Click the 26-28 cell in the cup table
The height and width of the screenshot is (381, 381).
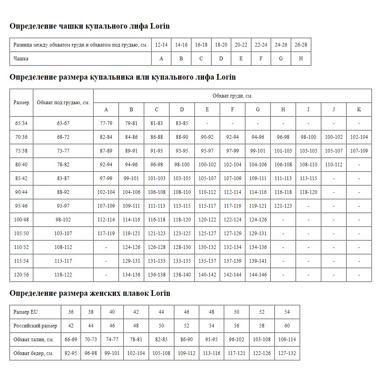[x=301, y=45]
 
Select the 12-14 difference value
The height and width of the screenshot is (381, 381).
[x=161, y=45]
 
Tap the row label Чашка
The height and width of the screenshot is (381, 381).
[x=21, y=58]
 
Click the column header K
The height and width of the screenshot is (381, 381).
[x=359, y=109]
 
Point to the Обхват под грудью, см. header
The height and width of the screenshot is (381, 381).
[x=63, y=102]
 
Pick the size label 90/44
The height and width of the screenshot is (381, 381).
[x=21, y=192]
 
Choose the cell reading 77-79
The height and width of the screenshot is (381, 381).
[x=106, y=123]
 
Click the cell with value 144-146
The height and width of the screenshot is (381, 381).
[x=258, y=275]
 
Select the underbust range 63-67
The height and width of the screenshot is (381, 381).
[x=63, y=123]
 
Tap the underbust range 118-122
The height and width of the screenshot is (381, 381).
[x=63, y=275]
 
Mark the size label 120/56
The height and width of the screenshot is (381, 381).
[x=21, y=275]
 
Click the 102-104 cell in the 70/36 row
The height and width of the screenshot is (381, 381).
[x=359, y=137]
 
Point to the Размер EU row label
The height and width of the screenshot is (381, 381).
[x=26, y=312]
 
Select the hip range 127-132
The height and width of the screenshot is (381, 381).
[x=287, y=353]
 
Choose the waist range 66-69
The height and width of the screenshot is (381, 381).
[x=71, y=339]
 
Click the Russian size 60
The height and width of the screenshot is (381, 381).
[x=287, y=326]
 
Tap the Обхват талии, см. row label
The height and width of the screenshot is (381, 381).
[x=33, y=339]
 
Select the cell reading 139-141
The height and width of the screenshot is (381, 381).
[x=258, y=261]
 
